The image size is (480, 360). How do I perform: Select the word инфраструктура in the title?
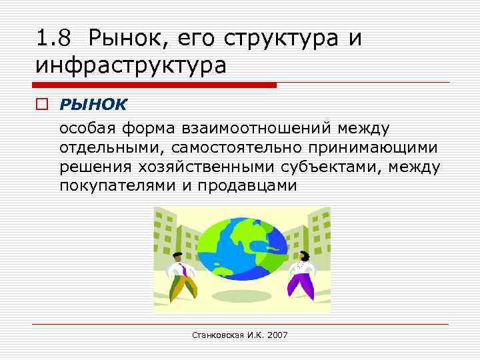coord(131,66)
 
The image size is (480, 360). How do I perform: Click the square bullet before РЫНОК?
coord(43,105)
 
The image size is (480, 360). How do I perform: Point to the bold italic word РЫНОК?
coord(93,105)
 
